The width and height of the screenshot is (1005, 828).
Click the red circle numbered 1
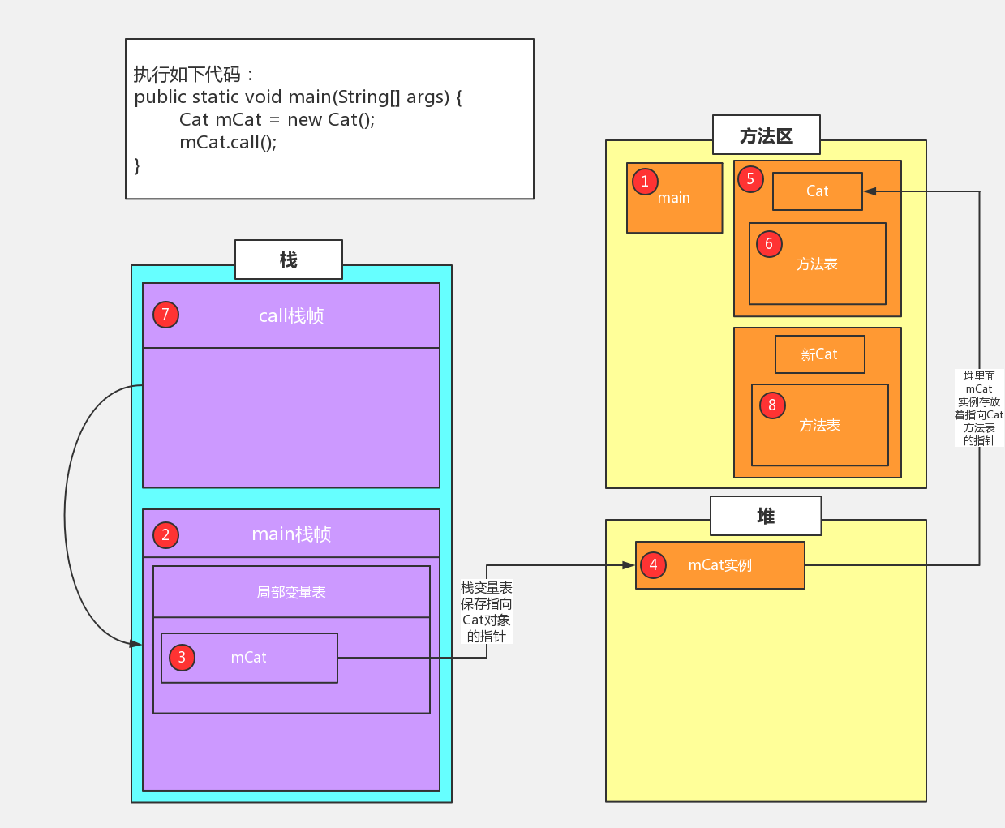click(x=645, y=181)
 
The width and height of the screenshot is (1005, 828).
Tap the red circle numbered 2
click(x=165, y=534)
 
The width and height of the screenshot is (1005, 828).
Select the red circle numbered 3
click(x=182, y=657)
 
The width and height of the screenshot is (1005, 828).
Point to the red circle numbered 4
click(x=653, y=564)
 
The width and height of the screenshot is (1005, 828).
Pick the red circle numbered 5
click(x=750, y=179)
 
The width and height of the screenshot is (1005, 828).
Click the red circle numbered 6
click(x=769, y=243)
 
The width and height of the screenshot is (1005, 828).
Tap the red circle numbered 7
click(x=165, y=314)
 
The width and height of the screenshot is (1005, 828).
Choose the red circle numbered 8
click(x=772, y=405)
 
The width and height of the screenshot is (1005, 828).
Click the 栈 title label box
click(x=289, y=260)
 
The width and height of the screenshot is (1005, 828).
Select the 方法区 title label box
click(x=766, y=135)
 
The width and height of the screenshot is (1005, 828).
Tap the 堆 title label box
click(x=766, y=516)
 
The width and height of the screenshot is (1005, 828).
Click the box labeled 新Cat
click(x=819, y=354)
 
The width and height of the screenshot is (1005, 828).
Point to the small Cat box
click(x=817, y=191)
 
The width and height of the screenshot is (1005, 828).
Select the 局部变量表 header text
click(x=291, y=592)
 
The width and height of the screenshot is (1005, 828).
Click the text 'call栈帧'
click(x=291, y=315)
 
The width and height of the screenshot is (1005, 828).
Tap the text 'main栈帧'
click(x=291, y=534)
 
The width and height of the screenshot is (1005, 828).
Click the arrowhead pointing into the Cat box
click(x=870, y=191)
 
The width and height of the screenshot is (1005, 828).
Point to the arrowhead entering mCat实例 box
click(x=629, y=565)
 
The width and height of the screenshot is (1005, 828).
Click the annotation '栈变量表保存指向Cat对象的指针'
click(x=487, y=611)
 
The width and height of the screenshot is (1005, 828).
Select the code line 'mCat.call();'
click(x=228, y=143)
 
